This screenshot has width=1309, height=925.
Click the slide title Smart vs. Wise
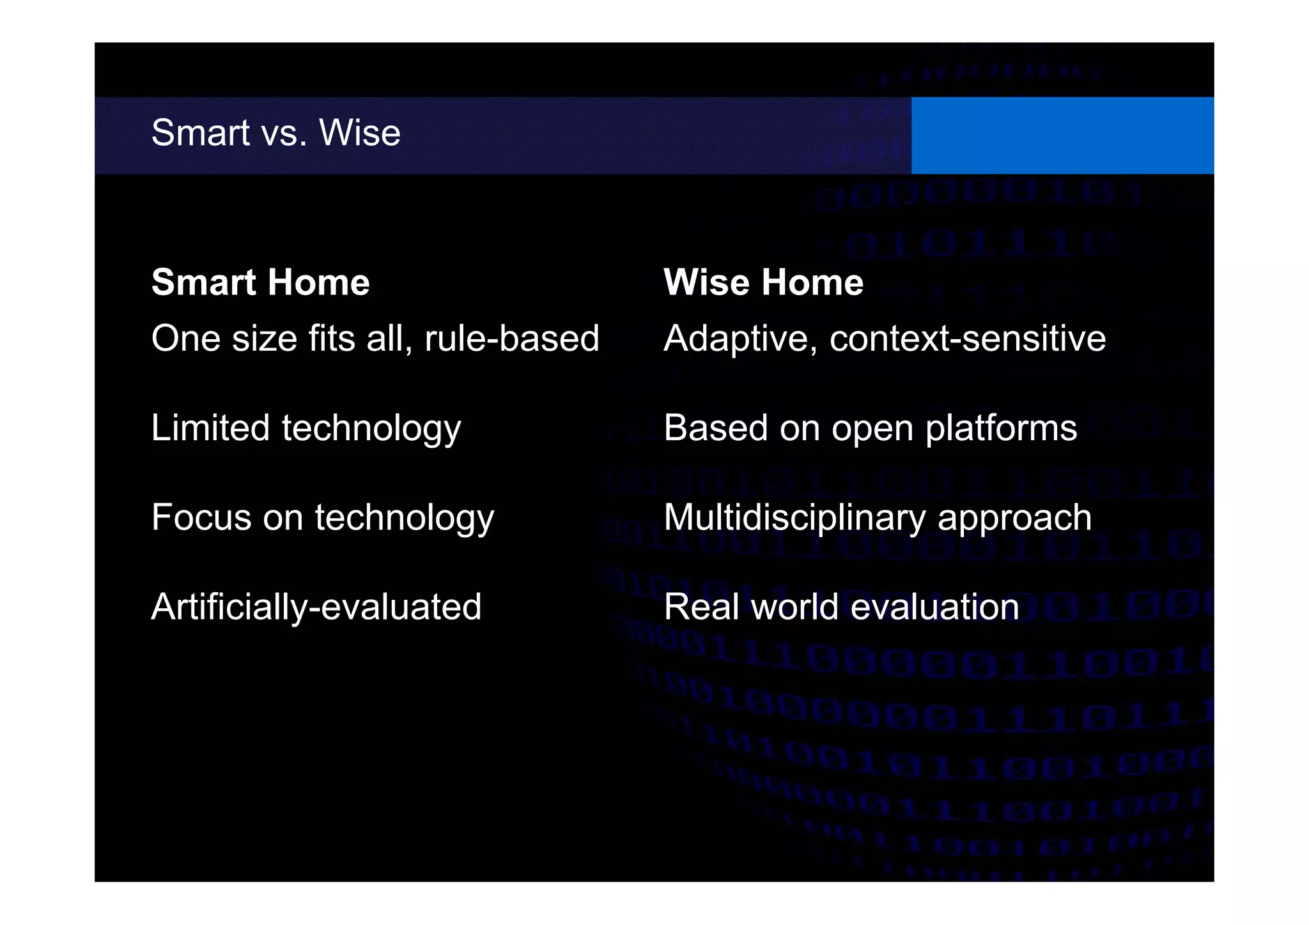tap(275, 133)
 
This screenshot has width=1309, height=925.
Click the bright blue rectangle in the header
tap(1062, 135)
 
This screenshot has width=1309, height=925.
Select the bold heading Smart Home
tap(260, 282)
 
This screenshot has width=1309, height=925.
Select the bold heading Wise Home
tap(763, 282)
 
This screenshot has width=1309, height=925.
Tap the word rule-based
tap(512, 338)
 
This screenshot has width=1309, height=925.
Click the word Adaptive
tap(740, 338)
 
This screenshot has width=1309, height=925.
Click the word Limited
tap(210, 427)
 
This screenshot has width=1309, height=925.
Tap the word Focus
tap(201, 517)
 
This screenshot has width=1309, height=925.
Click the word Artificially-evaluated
tap(316, 607)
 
